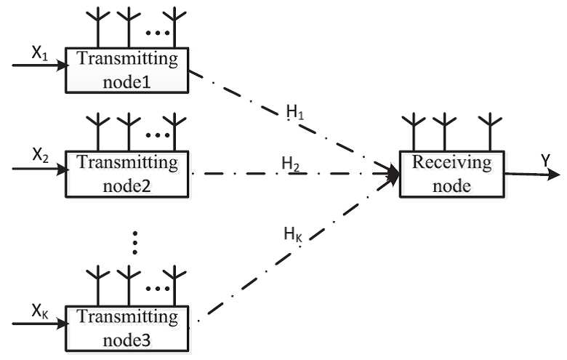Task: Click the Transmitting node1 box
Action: click(127, 71)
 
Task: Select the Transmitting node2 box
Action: click(127, 174)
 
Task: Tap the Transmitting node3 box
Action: click(127, 329)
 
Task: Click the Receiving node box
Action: click(451, 174)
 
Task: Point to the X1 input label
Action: click(40, 54)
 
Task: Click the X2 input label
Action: click(41, 156)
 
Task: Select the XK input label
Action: click(40, 311)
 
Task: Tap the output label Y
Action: click(546, 161)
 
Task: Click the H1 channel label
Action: click(295, 112)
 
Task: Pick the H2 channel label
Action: click(291, 164)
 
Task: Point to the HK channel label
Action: click(293, 234)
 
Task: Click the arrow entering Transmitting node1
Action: click(41, 65)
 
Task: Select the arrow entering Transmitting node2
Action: click(41, 169)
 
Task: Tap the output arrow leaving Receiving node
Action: click(532, 175)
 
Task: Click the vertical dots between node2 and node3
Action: click(135, 242)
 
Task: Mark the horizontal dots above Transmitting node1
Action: click(158, 33)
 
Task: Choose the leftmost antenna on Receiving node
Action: click(414, 132)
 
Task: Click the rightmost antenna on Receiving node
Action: click(490, 132)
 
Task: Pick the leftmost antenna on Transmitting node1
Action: click(98, 28)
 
